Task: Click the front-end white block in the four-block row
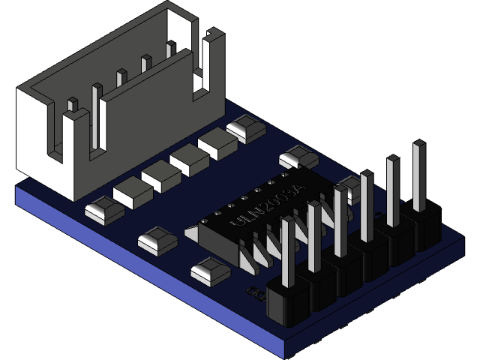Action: coord(133,193)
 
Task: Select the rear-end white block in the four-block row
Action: coord(217,142)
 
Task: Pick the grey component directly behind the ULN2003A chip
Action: coord(298,158)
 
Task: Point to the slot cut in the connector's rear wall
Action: coord(199,71)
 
